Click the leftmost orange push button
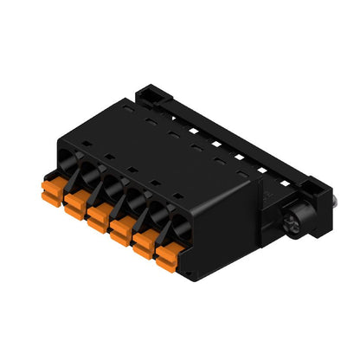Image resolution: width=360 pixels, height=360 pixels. pyautogui.click(x=51, y=188)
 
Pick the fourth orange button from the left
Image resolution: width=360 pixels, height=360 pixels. pyautogui.click(x=120, y=229)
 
